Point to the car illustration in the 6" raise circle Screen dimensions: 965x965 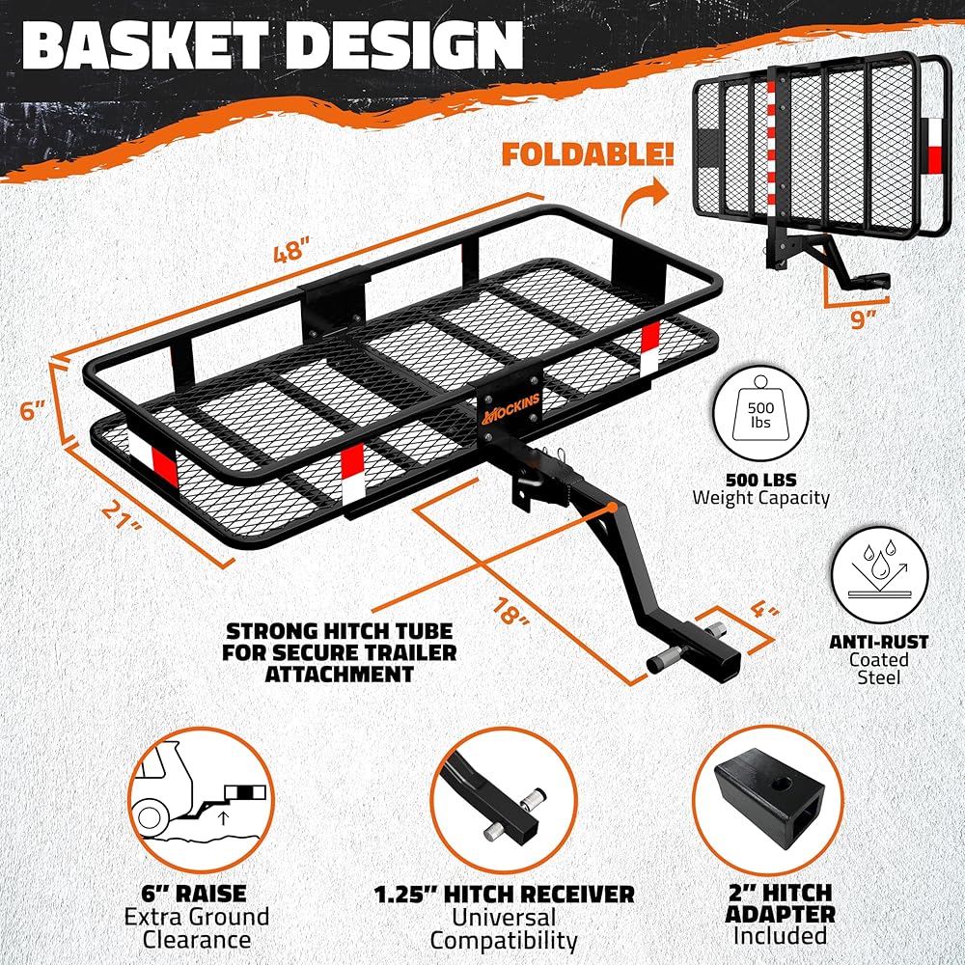click(183, 797)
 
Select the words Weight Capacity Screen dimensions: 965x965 click(760, 498)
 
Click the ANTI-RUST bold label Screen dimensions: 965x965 click(878, 641)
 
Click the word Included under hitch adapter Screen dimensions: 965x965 click(780, 935)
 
